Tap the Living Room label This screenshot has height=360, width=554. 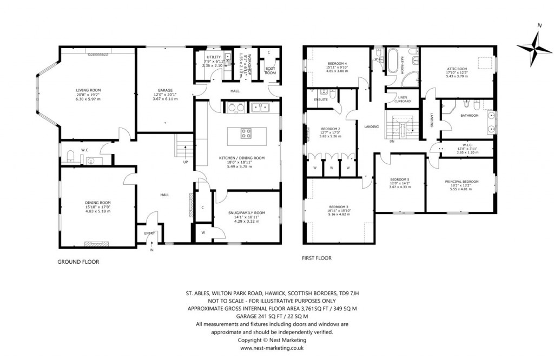click(88, 90)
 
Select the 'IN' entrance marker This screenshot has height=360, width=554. click(151, 250)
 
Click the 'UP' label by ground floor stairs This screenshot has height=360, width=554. click(186, 162)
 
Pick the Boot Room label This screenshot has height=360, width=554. click(270, 70)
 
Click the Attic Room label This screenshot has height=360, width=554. click(457, 69)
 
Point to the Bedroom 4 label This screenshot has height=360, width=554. click(337, 64)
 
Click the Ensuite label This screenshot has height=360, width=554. click(314, 99)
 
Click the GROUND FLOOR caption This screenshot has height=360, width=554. click(78, 262)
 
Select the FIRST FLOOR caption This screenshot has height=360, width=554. click(316, 258)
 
